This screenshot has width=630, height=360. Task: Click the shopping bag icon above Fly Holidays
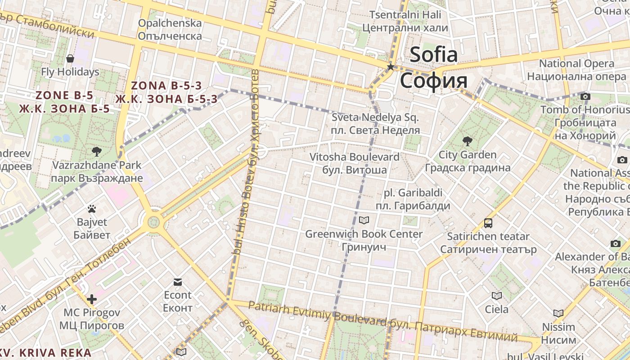click(x=70, y=58)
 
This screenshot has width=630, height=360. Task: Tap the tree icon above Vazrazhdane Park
click(x=96, y=151)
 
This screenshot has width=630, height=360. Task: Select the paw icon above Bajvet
click(x=92, y=209)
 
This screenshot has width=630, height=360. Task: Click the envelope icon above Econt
click(x=178, y=282)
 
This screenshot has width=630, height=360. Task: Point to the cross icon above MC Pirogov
click(x=92, y=299)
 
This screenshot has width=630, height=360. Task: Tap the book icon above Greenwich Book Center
click(x=364, y=220)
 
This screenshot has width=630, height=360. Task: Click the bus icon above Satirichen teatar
click(x=488, y=223)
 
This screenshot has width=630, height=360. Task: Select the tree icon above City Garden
click(x=468, y=141)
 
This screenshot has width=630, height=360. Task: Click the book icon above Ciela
click(x=497, y=296)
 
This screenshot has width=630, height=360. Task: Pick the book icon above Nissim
click(x=558, y=313)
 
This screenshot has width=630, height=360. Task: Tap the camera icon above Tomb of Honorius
click(x=585, y=96)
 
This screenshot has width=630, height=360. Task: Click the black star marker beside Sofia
click(x=391, y=67)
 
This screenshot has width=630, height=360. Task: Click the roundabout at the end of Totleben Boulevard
click(x=154, y=221)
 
